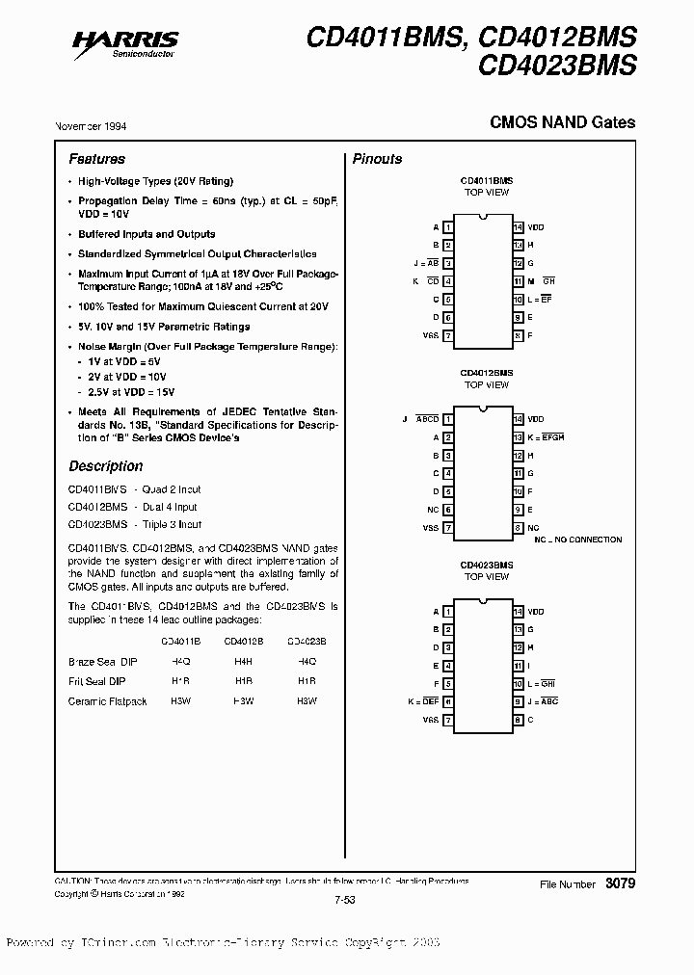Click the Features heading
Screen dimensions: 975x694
(96, 159)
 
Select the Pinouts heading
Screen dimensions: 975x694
(377, 159)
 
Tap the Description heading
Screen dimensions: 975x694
(105, 466)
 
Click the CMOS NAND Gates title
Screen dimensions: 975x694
(563, 122)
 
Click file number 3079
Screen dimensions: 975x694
(620, 883)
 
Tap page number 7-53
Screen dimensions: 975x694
(346, 899)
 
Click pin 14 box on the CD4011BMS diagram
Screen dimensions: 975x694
(518, 227)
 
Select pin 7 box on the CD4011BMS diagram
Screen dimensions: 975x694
(448, 335)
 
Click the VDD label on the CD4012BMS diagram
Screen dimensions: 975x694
(535, 419)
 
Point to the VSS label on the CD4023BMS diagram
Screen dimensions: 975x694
(430, 720)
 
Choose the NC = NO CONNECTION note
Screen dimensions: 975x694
(577, 540)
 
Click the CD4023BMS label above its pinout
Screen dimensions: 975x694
(487, 565)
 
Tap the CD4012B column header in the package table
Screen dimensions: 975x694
(244, 640)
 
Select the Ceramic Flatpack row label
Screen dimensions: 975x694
(108, 701)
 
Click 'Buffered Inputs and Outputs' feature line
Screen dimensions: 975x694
(147, 234)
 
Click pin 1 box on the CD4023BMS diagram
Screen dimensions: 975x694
(448, 612)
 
